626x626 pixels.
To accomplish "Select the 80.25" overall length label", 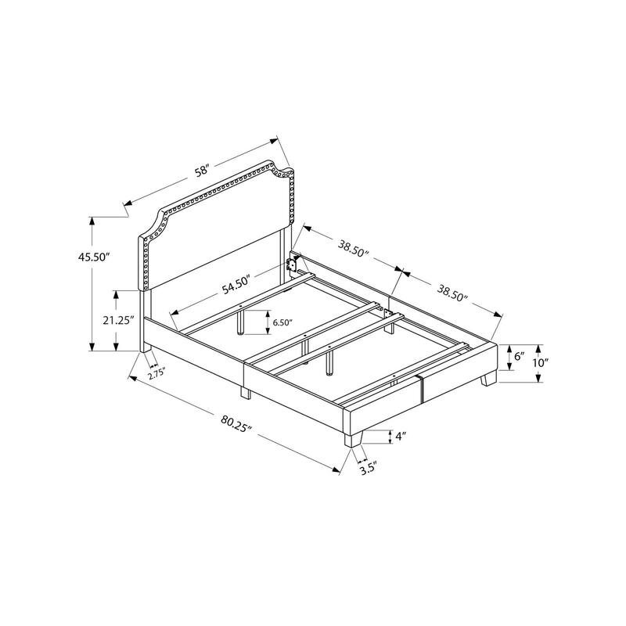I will click(x=237, y=423).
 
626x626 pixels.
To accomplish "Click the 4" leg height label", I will click(x=400, y=437).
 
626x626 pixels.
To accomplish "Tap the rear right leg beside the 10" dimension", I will click(x=489, y=380).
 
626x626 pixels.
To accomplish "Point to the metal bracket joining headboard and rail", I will click(x=293, y=264).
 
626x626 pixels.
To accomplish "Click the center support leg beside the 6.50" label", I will click(x=243, y=321).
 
